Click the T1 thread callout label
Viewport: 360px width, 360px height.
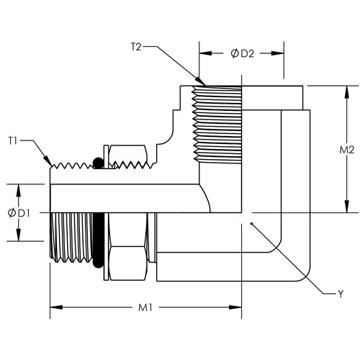(x=13, y=140)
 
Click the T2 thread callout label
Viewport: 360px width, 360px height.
(x=136, y=47)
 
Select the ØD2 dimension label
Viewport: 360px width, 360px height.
(x=242, y=53)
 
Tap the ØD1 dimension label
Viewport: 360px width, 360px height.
(x=19, y=213)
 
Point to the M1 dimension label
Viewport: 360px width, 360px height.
(x=145, y=307)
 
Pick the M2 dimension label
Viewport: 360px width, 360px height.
(x=347, y=150)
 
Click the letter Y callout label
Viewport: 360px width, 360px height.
(x=341, y=294)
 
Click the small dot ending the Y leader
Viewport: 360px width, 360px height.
(x=251, y=224)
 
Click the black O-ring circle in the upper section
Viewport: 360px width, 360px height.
(x=98, y=163)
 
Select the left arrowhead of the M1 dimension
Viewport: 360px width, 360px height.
(x=56, y=307)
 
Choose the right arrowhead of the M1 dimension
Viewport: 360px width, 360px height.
(x=235, y=307)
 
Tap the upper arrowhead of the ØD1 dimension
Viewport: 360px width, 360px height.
(x=19, y=191)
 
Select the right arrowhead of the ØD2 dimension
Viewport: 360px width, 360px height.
(x=278, y=53)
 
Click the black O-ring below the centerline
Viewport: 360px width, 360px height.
(x=98, y=240)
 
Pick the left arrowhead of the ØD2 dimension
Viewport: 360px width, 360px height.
(x=205, y=53)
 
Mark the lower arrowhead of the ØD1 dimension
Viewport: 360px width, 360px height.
(x=19, y=235)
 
